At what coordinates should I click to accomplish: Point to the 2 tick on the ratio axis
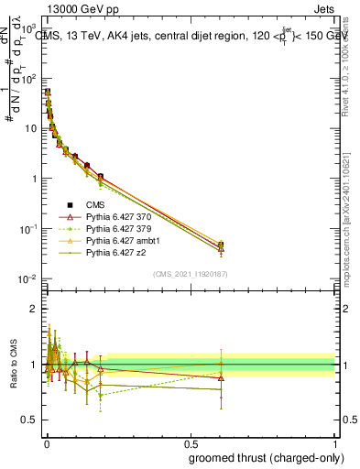pyautogui.click(x=33, y=310)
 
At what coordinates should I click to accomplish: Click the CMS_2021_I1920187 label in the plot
pyautogui.click(x=191, y=274)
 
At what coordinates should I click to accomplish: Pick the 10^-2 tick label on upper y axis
pyautogui.click(x=27, y=278)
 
